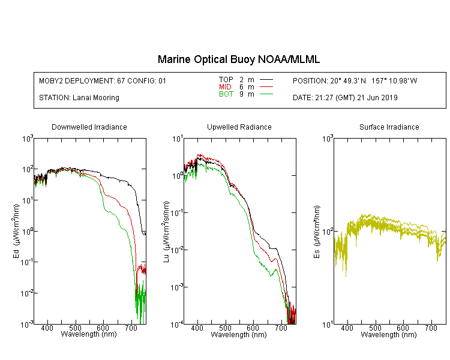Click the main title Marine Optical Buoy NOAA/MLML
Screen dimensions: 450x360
pyautogui.click(x=238, y=59)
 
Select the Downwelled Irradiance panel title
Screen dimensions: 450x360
pyautogui.click(x=89, y=127)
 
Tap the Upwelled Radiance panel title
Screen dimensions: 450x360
pyautogui.click(x=239, y=127)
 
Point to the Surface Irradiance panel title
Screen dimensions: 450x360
pyautogui.click(x=389, y=127)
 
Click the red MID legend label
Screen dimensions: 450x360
pyautogui.click(x=225, y=86)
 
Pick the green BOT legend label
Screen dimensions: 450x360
pyautogui.click(x=226, y=94)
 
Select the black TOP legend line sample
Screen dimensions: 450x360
pyautogui.click(x=266, y=80)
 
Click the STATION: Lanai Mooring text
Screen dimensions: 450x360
pyautogui.click(x=79, y=98)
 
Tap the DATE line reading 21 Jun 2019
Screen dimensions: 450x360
pyautogui.click(x=345, y=98)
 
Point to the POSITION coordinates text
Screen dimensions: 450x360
pyautogui.click(x=355, y=81)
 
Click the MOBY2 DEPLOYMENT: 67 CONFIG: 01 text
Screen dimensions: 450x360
pyautogui.click(x=103, y=81)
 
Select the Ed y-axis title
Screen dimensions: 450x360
pyautogui.click(x=16, y=231)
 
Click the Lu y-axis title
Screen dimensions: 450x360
pyautogui.click(x=166, y=232)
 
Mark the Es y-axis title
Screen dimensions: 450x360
pyautogui.click(x=316, y=232)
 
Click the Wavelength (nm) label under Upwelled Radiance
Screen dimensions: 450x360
pyautogui.click(x=239, y=335)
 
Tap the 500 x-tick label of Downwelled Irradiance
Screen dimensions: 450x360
pyautogui.click(x=75, y=328)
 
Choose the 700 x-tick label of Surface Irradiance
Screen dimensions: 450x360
pyautogui.click(x=431, y=328)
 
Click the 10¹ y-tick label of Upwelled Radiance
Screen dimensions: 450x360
pyautogui.click(x=178, y=139)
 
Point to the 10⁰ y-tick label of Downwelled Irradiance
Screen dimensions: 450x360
pyautogui.click(x=28, y=231)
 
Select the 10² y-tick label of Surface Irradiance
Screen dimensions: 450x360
pyautogui.click(x=328, y=231)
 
